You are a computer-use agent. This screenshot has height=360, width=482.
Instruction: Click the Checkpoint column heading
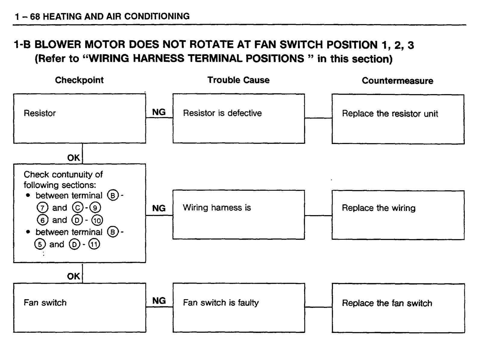tap(79, 80)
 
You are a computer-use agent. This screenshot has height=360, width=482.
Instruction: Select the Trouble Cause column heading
tap(239, 80)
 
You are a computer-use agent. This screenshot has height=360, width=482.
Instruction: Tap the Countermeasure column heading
tap(397, 81)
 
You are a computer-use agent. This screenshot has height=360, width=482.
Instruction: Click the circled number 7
tap(42, 208)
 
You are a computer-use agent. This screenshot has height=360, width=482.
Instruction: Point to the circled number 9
tap(95, 208)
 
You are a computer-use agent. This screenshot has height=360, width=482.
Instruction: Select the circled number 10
tap(97, 220)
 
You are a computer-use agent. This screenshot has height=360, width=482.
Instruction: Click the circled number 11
tap(94, 244)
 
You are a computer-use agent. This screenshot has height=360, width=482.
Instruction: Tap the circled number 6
tap(42, 220)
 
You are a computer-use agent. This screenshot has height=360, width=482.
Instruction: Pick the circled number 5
tap(40, 244)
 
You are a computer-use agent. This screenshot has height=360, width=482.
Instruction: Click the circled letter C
tap(78, 208)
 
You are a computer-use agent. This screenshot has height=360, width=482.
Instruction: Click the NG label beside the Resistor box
tap(159, 112)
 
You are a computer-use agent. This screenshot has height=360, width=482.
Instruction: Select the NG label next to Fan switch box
tap(159, 301)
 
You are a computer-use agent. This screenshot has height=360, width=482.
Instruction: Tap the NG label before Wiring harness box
tap(159, 208)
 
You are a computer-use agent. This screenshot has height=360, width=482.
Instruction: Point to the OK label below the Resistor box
tap(74, 158)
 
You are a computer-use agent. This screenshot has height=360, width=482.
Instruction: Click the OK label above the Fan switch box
tap(74, 276)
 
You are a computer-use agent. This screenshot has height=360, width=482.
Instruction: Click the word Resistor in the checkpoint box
tap(40, 113)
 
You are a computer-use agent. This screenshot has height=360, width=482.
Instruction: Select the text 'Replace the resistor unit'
tap(390, 114)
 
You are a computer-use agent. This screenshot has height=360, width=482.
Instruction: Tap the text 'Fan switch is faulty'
tap(221, 303)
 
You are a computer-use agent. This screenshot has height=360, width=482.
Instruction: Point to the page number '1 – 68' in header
tap(27, 17)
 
